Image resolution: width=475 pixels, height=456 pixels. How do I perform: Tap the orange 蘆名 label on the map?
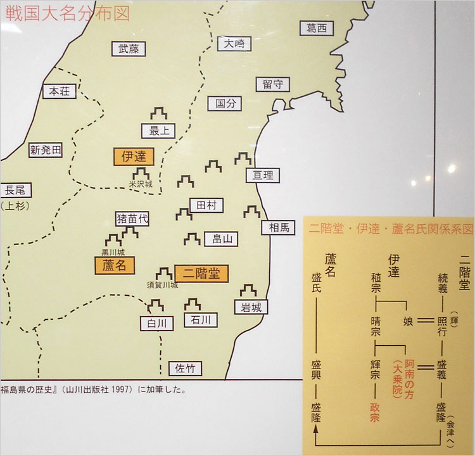(115, 265)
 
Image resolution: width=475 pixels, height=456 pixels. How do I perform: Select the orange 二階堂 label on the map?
(201, 273)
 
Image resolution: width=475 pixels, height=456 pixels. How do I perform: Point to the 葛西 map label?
(316, 28)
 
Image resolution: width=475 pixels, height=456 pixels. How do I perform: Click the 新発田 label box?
(46, 150)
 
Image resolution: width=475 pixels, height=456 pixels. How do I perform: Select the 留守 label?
(273, 84)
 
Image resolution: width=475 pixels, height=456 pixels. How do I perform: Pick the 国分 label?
(225, 103)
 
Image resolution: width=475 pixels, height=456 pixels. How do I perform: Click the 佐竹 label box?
(186, 368)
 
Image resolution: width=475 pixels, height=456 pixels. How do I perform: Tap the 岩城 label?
(250, 308)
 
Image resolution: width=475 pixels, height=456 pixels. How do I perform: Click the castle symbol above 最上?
(158, 115)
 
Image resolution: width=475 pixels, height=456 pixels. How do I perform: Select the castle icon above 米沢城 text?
(140, 172)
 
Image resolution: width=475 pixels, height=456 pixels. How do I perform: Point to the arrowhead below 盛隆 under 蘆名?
(315, 431)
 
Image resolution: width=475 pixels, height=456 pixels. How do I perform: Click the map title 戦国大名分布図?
(67, 13)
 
